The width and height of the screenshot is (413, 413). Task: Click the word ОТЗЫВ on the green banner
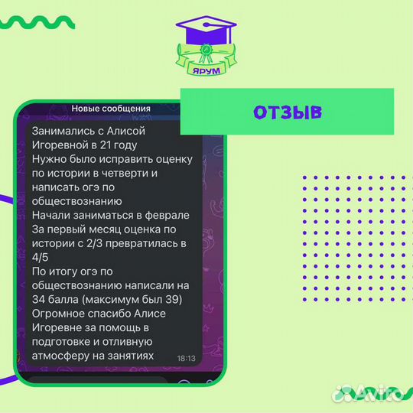pos(287,112)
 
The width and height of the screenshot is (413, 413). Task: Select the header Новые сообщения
pos(111,109)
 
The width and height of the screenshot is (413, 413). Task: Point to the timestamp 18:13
pos(186,357)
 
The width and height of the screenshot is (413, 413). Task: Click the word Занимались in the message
pos(63,131)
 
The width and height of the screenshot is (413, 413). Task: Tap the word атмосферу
pos(63,356)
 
